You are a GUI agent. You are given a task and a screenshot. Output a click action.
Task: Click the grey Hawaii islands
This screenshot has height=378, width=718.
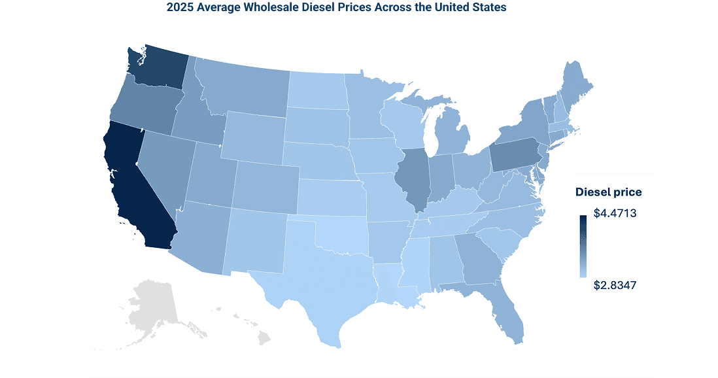pos(262,337)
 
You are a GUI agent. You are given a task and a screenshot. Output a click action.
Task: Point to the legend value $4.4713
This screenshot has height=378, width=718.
pos(615,213)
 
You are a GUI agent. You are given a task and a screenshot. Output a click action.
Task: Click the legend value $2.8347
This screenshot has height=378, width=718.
pos(615,285)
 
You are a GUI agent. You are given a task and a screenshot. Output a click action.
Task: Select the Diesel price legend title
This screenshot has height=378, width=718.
pos(608,192)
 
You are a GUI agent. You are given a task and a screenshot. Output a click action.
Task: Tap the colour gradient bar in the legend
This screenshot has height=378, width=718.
pos(582,245)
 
